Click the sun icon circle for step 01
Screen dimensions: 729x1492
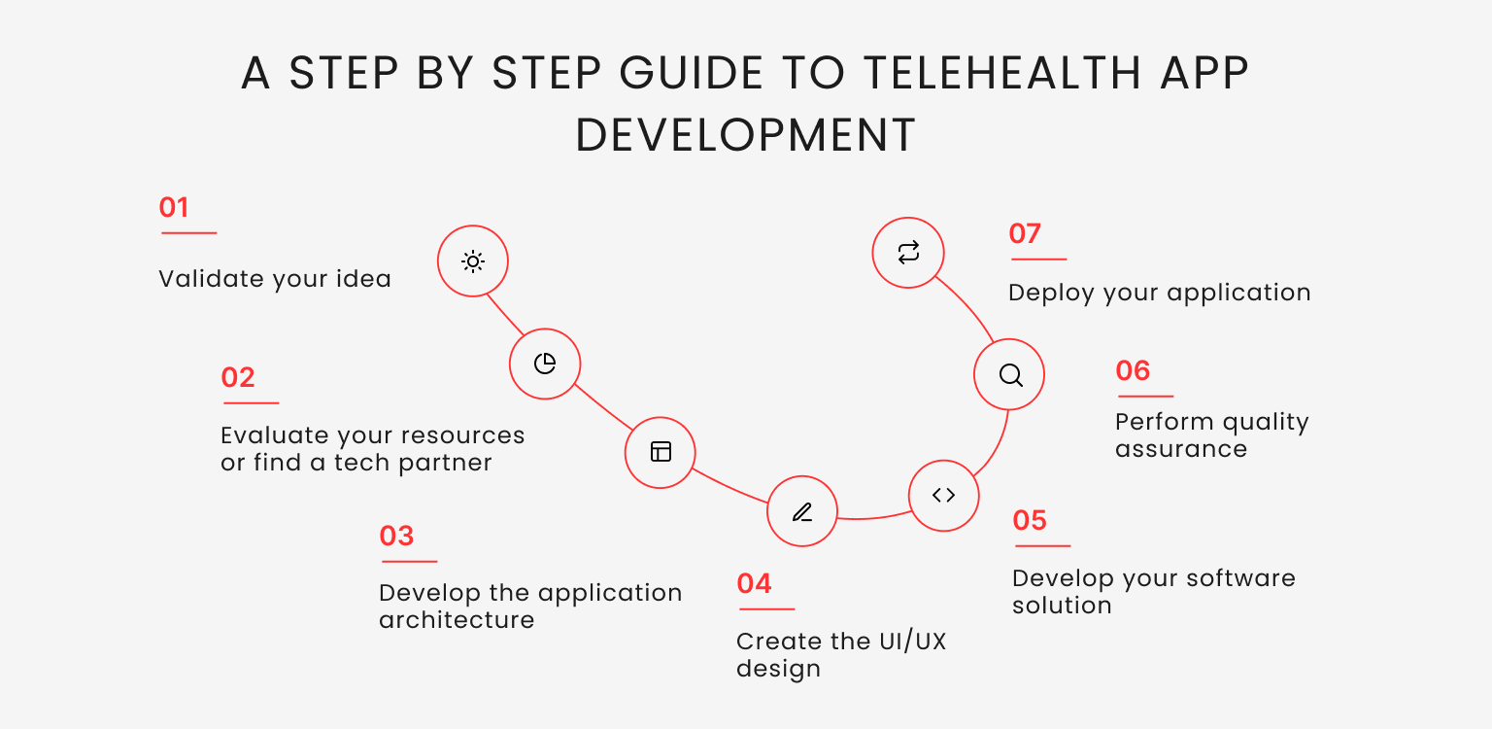[473, 261]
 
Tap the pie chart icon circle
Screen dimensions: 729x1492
[545, 364]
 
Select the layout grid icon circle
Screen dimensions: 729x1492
[661, 452]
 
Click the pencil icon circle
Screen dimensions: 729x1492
[801, 511]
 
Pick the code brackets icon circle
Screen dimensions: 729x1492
[943, 496]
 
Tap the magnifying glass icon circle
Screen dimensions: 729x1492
[1009, 375]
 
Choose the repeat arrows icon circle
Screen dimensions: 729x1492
[908, 253]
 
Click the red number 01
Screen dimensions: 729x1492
[174, 207]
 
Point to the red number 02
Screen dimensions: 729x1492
[238, 377]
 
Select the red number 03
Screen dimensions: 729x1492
[396, 536]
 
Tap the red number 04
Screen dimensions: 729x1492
[754, 583]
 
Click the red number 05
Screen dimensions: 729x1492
[1030, 520]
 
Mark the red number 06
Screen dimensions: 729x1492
[1133, 370]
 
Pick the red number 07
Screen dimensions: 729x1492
[1025, 233]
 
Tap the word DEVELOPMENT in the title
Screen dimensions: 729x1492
[746, 135]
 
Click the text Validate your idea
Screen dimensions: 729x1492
[275, 279]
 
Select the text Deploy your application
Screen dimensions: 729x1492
[1159, 293]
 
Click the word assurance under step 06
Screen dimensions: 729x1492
[1180, 449]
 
